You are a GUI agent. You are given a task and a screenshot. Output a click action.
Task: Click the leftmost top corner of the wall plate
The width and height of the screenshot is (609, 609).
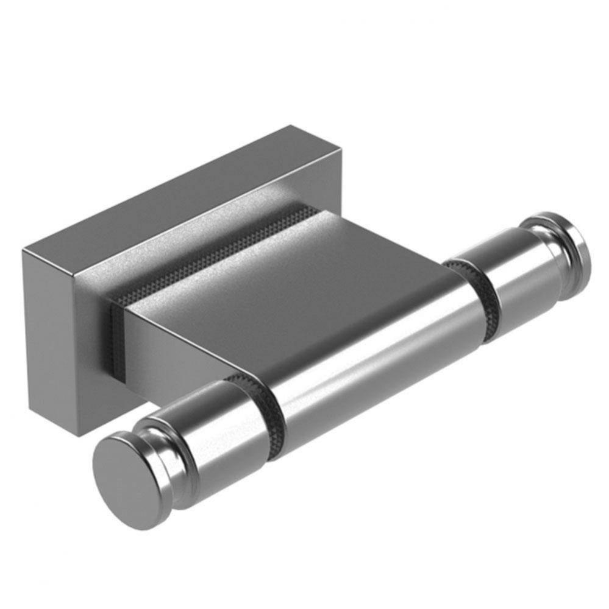[x=24, y=250]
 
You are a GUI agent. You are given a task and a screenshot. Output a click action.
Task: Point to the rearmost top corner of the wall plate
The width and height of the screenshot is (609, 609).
[x=293, y=126]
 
